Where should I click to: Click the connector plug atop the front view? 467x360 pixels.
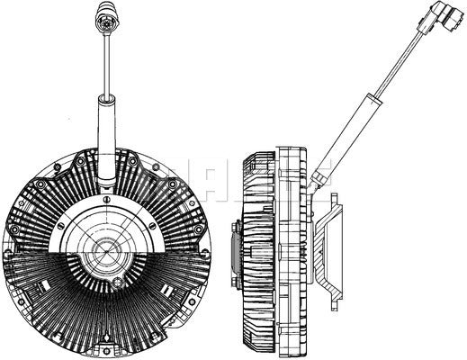coord(106,20)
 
